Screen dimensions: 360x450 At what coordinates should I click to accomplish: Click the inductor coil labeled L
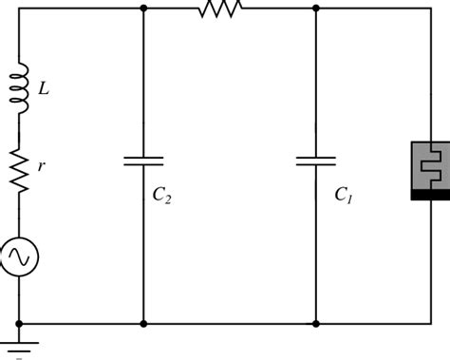pyautogui.click(x=20, y=88)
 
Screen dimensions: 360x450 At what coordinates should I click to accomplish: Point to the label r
pyautogui.click(x=41, y=165)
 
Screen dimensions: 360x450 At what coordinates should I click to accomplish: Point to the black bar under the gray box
pyautogui.click(x=430, y=195)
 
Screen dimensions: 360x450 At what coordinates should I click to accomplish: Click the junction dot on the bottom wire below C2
pyautogui.click(x=143, y=324)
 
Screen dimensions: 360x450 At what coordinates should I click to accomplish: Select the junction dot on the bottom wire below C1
pyautogui.click(x=315, y=324)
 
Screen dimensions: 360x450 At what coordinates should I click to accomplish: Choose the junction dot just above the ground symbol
pyautogui.click(x=20, y=324)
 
